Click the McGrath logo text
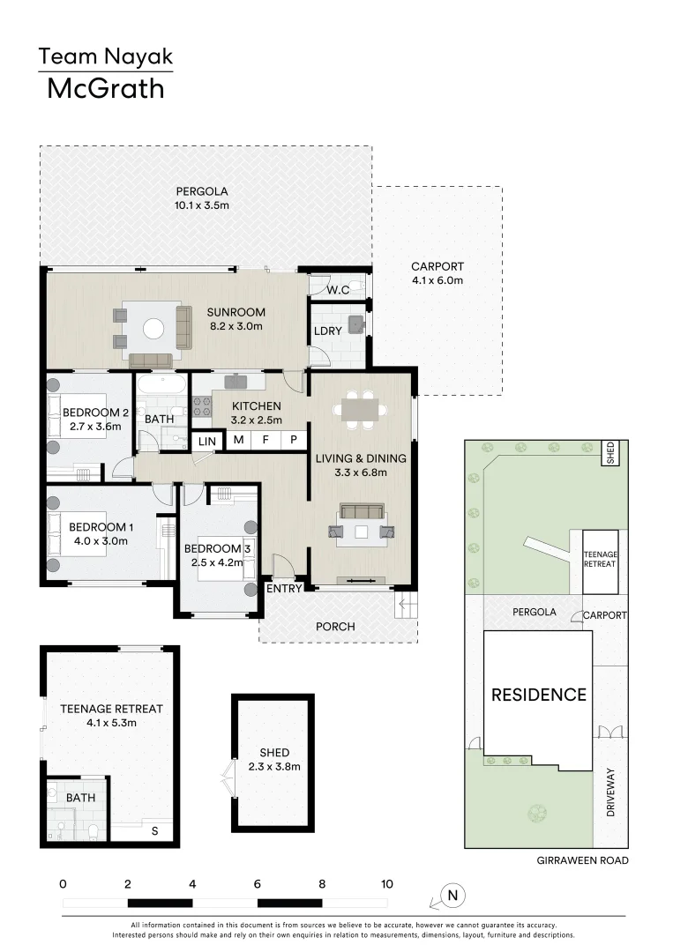105,89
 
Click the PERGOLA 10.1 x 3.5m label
202,198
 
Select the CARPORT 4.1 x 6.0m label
437,273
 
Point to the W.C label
339,289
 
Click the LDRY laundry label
327,331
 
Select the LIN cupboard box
208,441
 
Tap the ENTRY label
285,589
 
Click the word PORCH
335,627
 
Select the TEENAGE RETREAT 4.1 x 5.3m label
111,715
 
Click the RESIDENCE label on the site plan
538,695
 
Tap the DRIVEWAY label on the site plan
610,793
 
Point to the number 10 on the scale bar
386,883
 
